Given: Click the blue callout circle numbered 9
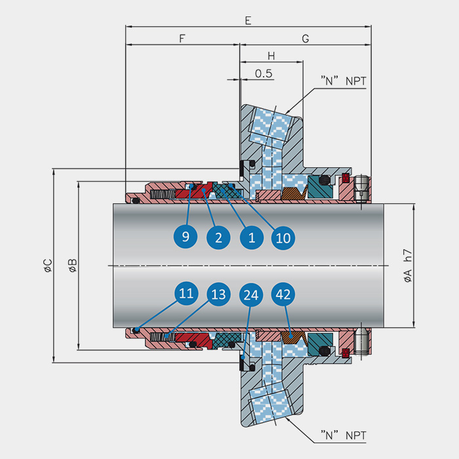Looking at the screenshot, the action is (186, 236).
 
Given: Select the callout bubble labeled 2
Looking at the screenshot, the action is (218, 237).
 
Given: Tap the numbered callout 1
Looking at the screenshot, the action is (251, 237).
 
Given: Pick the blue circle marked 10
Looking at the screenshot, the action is (283, 237).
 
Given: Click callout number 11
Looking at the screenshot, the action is (186, 293).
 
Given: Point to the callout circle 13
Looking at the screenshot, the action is (218, 294).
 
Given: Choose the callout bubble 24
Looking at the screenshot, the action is (251, 294).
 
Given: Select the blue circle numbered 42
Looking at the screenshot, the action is (283, 294).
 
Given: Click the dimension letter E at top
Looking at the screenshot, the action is (248, 20).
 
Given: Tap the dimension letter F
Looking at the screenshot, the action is (182, 38).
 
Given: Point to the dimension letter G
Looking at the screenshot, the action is (306, 38).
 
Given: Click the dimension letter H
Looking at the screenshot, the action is (271, 56).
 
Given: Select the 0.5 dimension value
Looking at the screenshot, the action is (264, 73).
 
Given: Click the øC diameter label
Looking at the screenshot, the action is (48, 266).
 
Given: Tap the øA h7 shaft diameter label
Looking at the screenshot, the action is (408, 266).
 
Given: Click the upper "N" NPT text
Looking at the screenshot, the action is (344, 81).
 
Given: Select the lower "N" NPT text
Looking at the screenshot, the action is (344, 435).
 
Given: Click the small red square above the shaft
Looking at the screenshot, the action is (346, 178).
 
